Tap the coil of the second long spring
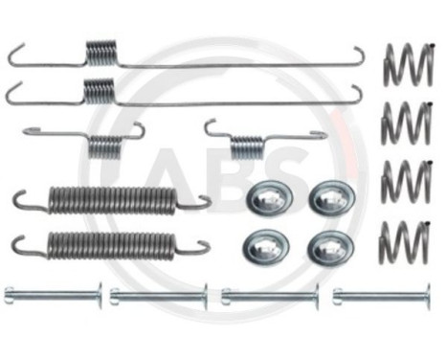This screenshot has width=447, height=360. [x=100, y=89]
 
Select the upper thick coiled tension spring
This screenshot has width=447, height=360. [x=111, y=199]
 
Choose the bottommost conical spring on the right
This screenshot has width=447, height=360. [x=404, y=241]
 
